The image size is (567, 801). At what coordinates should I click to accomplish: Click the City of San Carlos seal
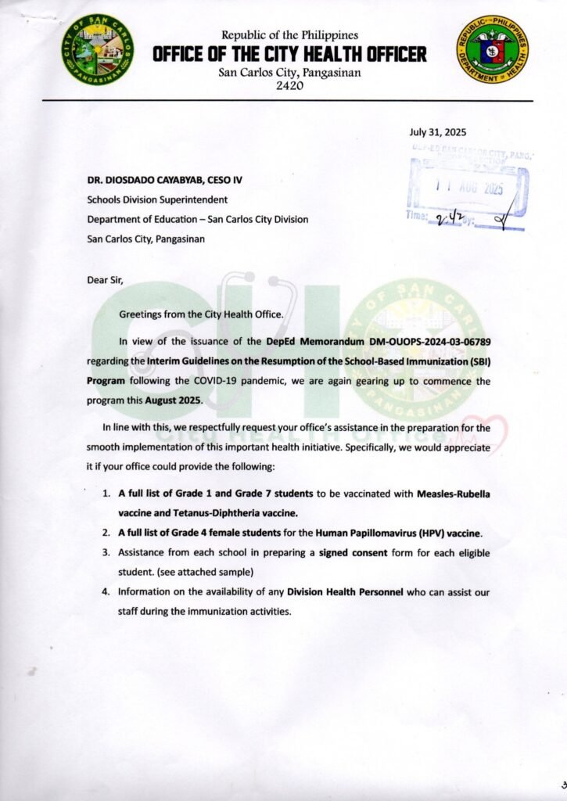coord(98,50)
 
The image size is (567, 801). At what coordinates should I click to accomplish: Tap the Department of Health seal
coord(492,49)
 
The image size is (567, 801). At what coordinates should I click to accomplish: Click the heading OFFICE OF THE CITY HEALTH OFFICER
coord(289,54)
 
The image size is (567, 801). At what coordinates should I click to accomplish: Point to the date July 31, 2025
coord(437,132)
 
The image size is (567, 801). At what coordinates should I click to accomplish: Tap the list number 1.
coord(106,495)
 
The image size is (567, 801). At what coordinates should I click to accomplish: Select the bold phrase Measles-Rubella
coord(453,495)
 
